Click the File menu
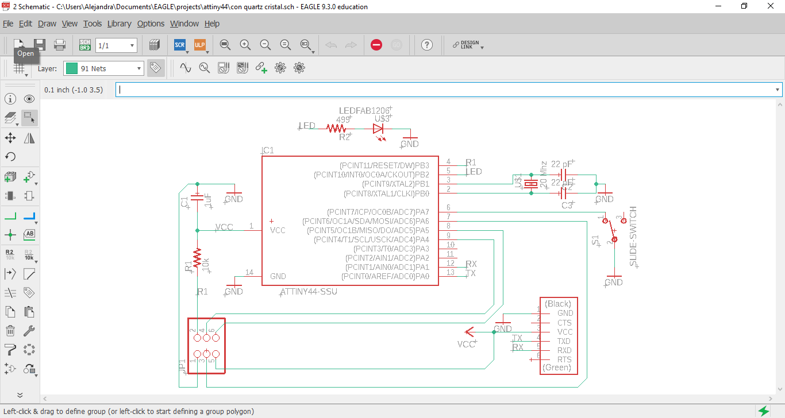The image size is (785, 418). [x=8, y=24]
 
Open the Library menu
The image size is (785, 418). [x=119, y=24]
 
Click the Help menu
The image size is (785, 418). [x=212, y=24]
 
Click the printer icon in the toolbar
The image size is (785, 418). [x=59, y=45]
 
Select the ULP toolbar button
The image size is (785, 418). [x=199, y=45]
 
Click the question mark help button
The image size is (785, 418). [x=426, y=45]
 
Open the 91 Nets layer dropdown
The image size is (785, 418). [x=103, y=68]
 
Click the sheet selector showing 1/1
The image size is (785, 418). [x=116, y=45]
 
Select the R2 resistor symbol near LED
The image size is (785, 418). [x=336, y=129]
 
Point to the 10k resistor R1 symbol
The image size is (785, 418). [x=198, y=258]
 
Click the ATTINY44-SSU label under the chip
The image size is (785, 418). [x=309, y=292]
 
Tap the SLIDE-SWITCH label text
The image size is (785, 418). [x=633, y=236]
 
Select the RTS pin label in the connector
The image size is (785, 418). [x=564, y=359]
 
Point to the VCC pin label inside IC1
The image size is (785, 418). [x=278, y=230]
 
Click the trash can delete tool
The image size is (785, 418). [x=10, y=330]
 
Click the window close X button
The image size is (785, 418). [x=771, y=6]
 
